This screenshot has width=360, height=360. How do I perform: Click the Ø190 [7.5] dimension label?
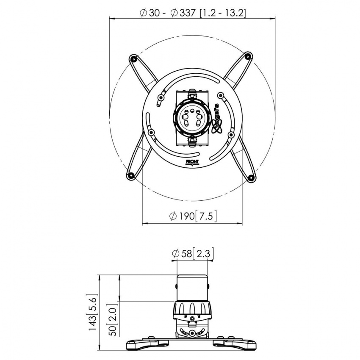click(x=193, y=216)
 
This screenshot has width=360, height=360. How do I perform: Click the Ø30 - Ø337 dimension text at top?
click(x=193, y=13)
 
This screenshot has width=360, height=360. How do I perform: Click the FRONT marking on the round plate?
click(x=192, y=161)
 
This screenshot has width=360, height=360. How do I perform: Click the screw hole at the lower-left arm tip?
click(x=130, y=175)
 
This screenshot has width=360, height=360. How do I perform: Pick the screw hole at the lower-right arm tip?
click(x=251, y=177)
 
